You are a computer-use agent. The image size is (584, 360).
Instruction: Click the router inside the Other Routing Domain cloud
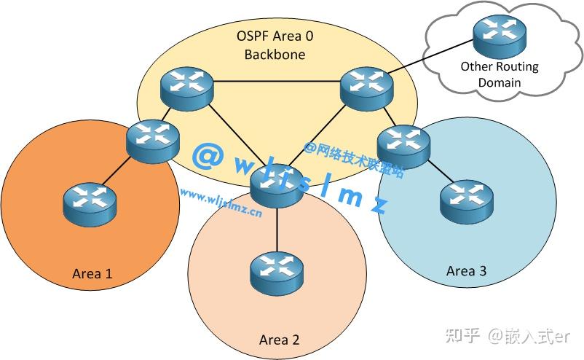click(499, 34)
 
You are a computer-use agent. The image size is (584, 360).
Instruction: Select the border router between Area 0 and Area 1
click(152, 138)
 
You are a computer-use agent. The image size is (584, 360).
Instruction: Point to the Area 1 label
click(92, 274)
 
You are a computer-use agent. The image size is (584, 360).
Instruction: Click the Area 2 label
click(279, 340)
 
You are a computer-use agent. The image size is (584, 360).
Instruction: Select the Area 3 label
click(466, 271)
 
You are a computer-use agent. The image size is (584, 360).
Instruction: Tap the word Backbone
click(275, 54)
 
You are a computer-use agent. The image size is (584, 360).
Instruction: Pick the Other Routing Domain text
click(499, 74)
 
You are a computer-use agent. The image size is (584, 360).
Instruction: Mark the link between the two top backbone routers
click(277, 81)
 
